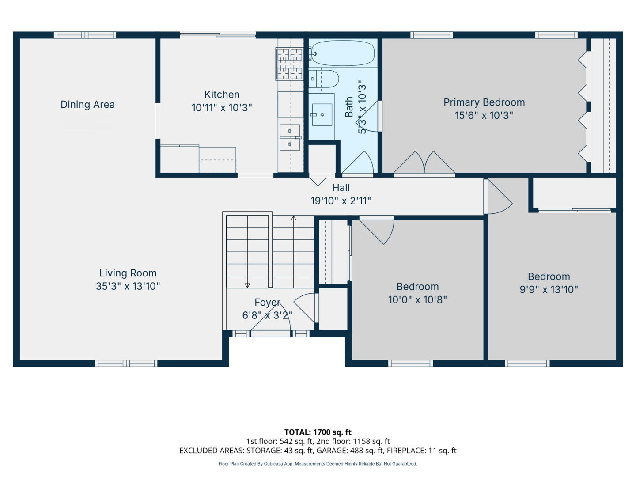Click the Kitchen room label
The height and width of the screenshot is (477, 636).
[x=222, y=95]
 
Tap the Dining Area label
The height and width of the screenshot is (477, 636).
[x=87, y=105]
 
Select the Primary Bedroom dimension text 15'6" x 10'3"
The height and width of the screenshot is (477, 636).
[x=484, y=116]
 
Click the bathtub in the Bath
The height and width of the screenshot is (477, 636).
[x=343, y=53]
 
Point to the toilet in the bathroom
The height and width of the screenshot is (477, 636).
[x=323, y=79]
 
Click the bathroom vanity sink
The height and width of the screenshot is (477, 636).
[x=322, y=115]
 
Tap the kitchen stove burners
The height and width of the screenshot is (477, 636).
[x=289, y=64]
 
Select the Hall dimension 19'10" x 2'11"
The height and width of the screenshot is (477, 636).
[x=341, y=201]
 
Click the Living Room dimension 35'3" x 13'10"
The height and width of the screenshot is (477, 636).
[x=128, y=286]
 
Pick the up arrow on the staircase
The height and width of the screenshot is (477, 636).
[x=294, y=251]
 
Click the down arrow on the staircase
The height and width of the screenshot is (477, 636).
[x=247, y=251]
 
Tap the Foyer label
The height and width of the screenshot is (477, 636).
[x=268, y=303]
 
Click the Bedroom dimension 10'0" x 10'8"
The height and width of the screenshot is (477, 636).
[x=417, y=299]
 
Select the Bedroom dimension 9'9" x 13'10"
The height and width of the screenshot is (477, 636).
[x=549, y=289]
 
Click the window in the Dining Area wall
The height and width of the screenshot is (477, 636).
[x=85, y=35]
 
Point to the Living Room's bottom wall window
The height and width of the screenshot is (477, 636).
[x=126, y=363]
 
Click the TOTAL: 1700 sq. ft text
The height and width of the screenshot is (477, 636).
[x=318, y=432]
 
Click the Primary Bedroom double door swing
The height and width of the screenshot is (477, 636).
[x=424, y=163]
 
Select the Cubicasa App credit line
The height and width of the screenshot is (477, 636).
[x=318, y=464]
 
